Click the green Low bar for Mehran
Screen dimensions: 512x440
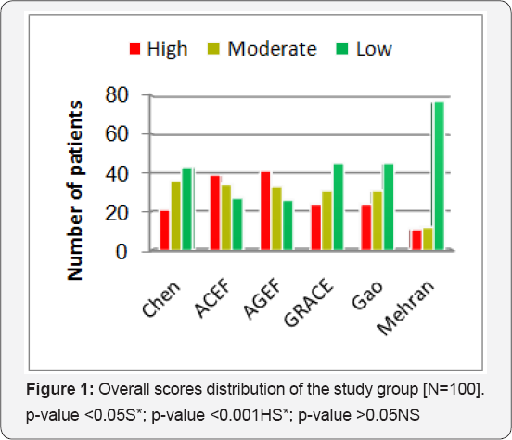tap(439, 176)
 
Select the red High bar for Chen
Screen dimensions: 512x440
tap(164, 231)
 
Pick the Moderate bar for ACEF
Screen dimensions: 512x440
tap(226, 218)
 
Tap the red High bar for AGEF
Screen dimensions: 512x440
tap(265, 210)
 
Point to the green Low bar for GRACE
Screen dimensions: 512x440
tap(339, 207)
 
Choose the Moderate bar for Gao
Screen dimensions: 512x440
tap(378, 220)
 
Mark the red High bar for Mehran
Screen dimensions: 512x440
tap(416, 240)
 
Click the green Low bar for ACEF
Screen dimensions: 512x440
tap(237, 224)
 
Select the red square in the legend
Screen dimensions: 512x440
tap(134, 48)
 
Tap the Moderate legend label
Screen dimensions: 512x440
tap(273, 49)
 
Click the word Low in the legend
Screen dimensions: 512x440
tap(374, 49)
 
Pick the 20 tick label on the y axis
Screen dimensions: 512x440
tap(117, 213)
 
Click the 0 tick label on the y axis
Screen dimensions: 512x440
tap(122, 252)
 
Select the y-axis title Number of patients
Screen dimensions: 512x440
tap(75, 191)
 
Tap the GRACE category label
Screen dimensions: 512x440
tap(309, 302)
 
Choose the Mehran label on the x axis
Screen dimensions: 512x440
tap(405, 308)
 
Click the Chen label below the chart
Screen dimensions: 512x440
tap(161, 299)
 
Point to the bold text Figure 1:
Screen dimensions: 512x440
tap(60, 389)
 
